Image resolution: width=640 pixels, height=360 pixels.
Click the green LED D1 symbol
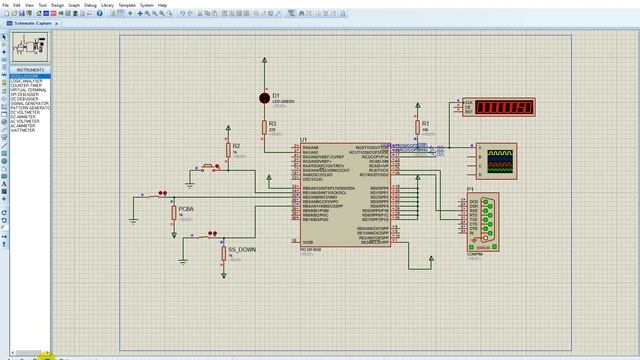265,98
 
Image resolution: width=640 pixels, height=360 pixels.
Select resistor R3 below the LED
264,127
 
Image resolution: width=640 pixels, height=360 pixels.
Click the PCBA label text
187,209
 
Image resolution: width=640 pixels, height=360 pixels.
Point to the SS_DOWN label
241,250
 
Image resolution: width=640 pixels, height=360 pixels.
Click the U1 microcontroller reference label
303,140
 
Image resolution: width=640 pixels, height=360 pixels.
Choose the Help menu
162,5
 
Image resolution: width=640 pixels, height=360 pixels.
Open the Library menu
107,5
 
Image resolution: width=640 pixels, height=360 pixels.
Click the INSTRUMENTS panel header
31,70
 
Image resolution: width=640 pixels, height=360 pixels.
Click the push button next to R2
209,167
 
